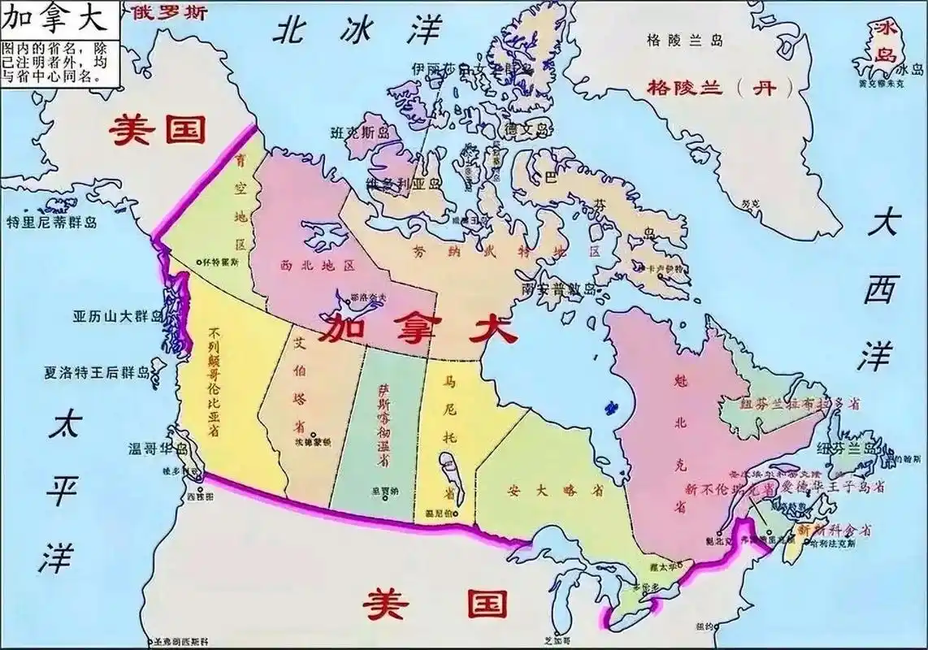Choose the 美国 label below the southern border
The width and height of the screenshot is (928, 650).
436,604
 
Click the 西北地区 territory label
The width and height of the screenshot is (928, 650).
317,266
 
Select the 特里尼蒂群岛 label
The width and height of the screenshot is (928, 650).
50,223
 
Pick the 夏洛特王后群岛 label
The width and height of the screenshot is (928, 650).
98,373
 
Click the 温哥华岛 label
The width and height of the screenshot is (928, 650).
159,449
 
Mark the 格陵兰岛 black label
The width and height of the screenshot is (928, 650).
683,39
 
